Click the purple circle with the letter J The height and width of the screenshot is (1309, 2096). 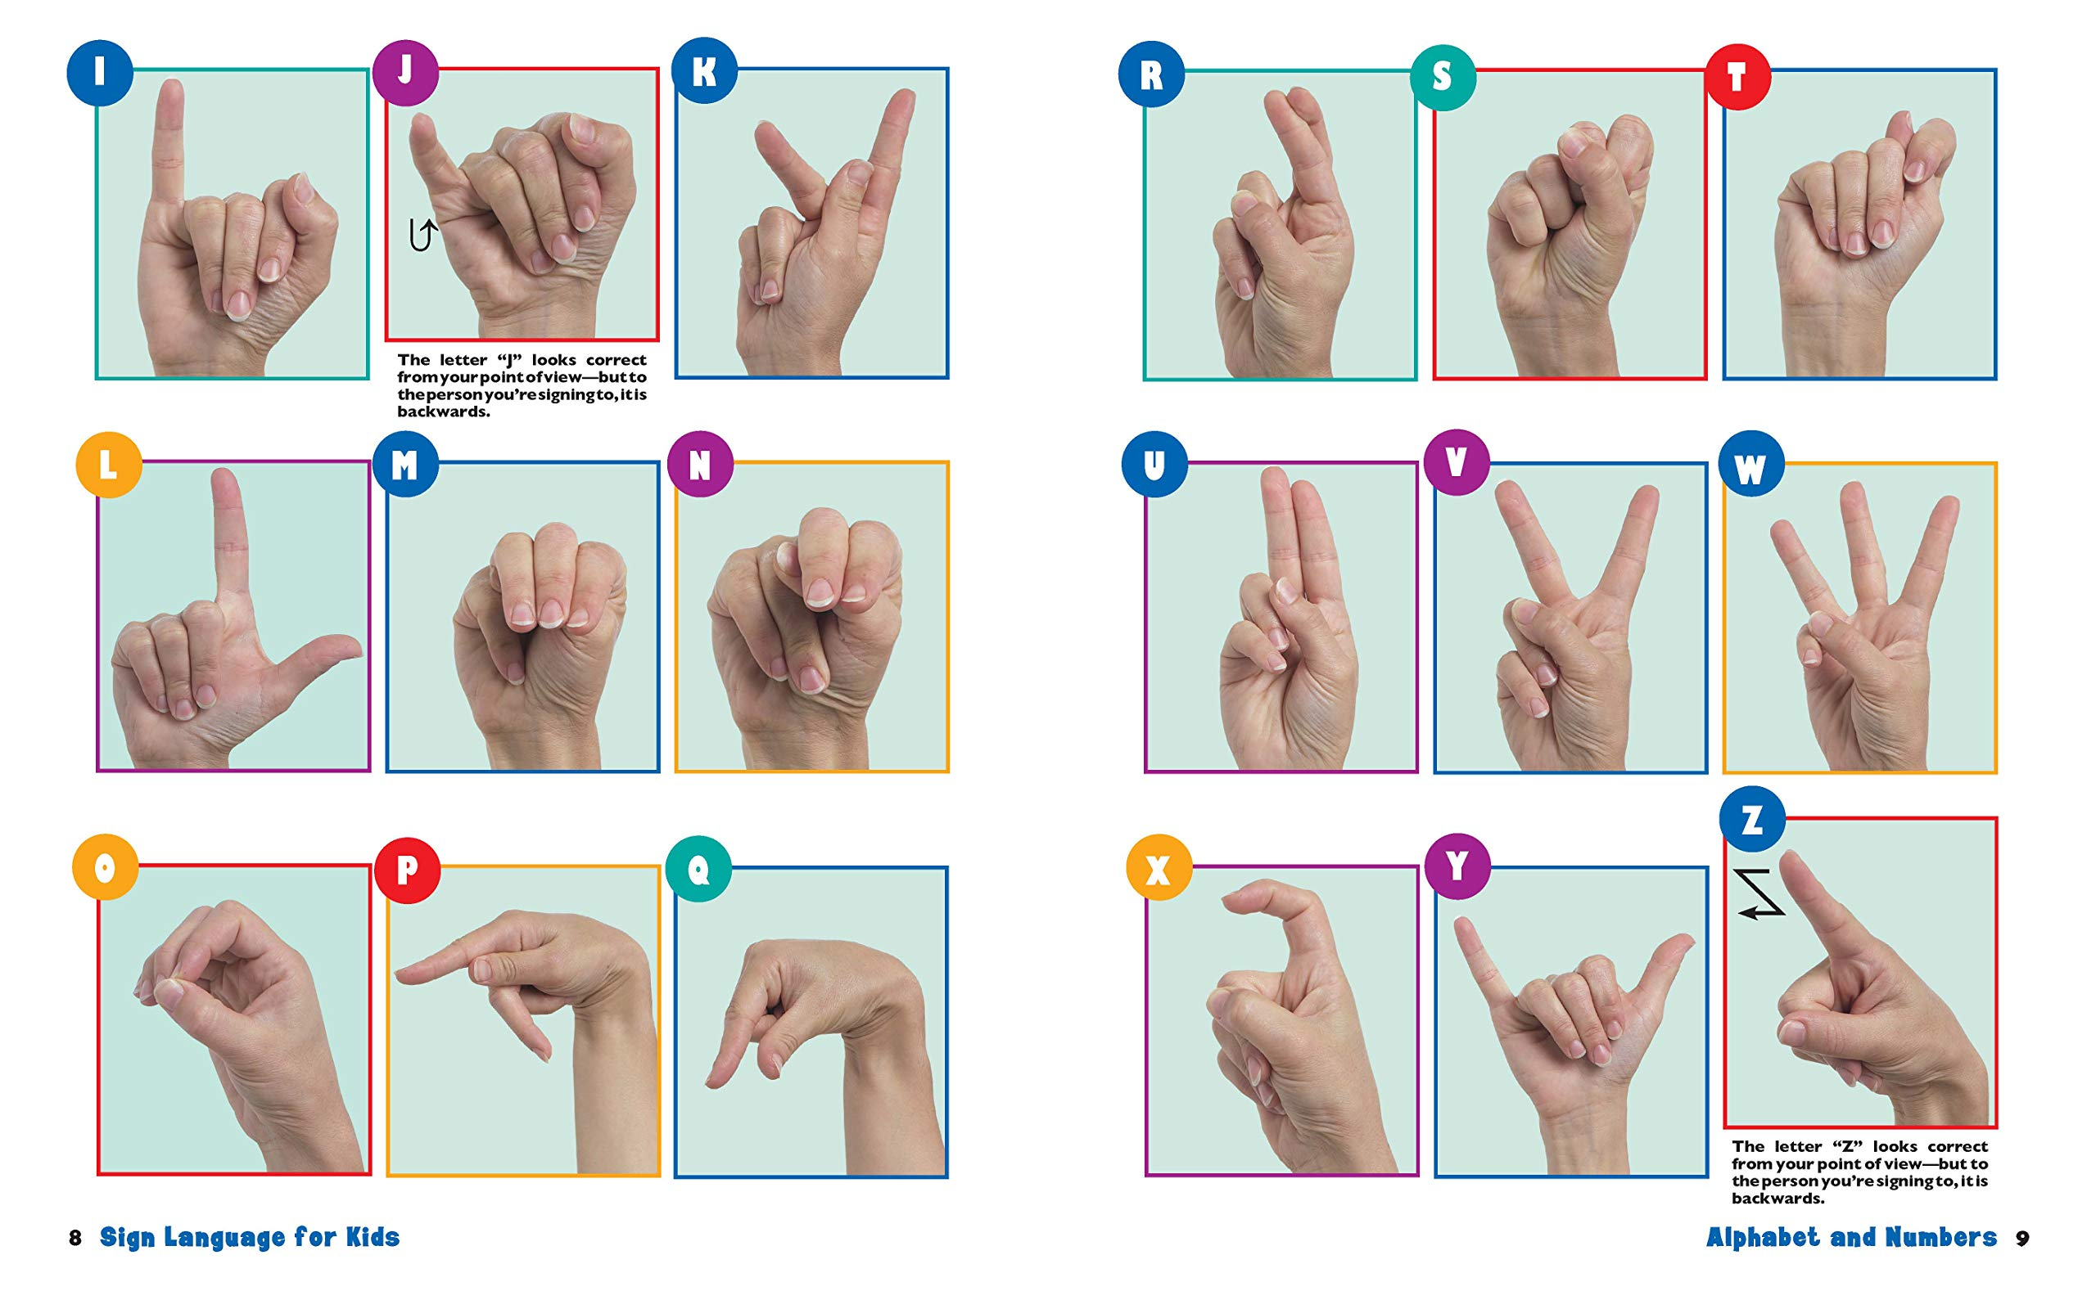click(405, 72)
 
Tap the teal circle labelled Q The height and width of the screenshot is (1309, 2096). click(699, 868)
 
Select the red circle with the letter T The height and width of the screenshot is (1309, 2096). click(1737, 77)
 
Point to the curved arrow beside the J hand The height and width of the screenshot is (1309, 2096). click(422, 235)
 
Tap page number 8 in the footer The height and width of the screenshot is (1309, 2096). click(75, 1238)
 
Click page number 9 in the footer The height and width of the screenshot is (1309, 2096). click(2021, 1238)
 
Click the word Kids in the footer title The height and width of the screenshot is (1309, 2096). click(373, 1237)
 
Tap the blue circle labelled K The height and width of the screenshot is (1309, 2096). click(704, 72)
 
